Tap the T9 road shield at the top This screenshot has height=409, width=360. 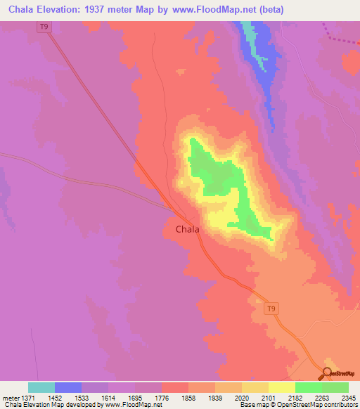[x=45, y=26]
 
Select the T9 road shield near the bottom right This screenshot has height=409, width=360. [x=271, y=308]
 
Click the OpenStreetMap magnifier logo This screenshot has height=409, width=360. [x=328, y=372]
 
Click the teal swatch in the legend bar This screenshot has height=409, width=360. [x=41, y=387]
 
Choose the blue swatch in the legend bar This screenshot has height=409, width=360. [x=68, y=387]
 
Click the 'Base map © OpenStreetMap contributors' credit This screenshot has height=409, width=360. [x=297, y=405]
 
